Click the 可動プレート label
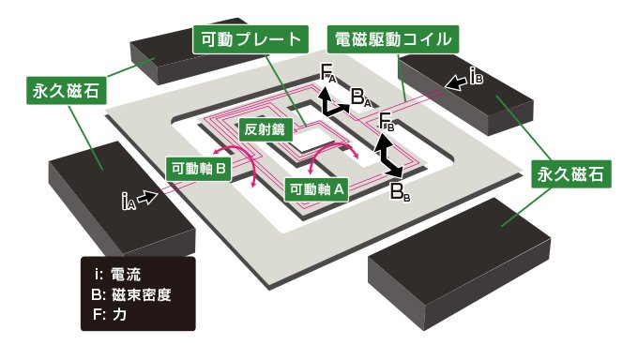point(250,40)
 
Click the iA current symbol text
point(126,199)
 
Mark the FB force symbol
point(387,120)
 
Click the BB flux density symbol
point(400,194)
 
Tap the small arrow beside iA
point(147,197)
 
